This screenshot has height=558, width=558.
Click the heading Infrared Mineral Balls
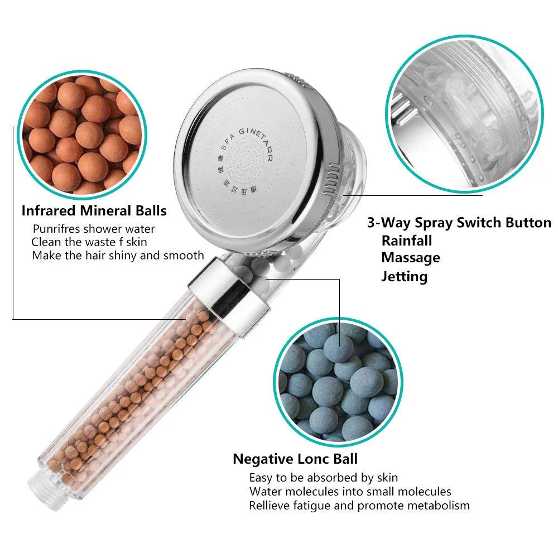[94, 210]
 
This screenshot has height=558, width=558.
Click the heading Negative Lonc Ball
[295, 459]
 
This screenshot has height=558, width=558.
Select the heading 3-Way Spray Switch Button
[459, 223]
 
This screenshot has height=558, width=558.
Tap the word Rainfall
[407, 240]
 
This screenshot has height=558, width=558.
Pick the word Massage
[410, 258]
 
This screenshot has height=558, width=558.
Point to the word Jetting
[405, 276]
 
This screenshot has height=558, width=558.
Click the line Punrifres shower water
[94, 229]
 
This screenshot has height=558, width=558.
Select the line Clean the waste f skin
[89, 242]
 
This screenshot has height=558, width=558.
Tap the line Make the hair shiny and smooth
[118, 255]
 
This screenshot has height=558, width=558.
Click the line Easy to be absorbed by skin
[323, 478]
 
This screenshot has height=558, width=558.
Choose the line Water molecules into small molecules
[350, 492]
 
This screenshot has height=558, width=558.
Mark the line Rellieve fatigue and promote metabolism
[359, 506]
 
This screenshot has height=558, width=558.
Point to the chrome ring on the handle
[229, 295]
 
